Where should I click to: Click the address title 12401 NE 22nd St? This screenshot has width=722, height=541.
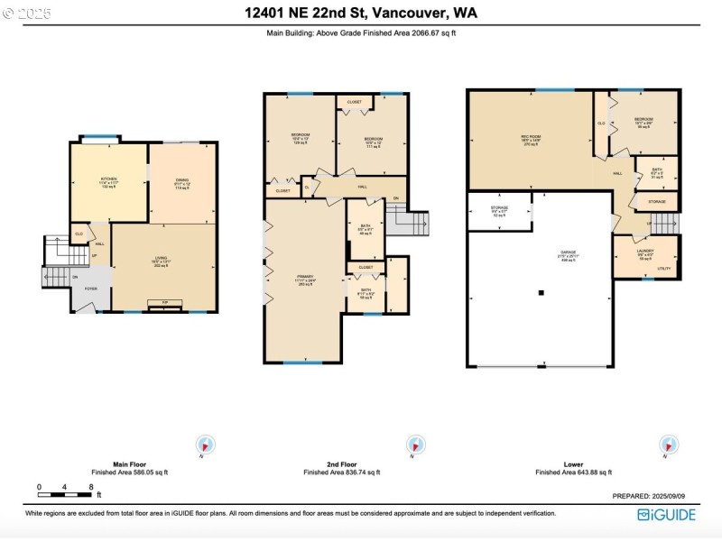click(361, 13)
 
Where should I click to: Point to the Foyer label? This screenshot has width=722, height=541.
click(91, 289)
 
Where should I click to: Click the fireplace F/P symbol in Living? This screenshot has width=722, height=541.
click(164, 302)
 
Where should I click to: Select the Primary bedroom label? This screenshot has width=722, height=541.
click(304, 278)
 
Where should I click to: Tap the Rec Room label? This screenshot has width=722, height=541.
click(530, 140)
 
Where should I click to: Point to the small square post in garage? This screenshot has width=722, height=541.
click(541, 292)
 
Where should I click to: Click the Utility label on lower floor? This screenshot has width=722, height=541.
click(663, 269)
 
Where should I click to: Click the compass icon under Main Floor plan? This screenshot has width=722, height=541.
click(207, 445)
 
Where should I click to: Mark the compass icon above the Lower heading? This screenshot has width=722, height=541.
click(669, 445)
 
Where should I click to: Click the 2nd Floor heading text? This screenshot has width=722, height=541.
click(341, 464)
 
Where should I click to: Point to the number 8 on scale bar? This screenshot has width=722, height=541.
click(91, 487)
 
